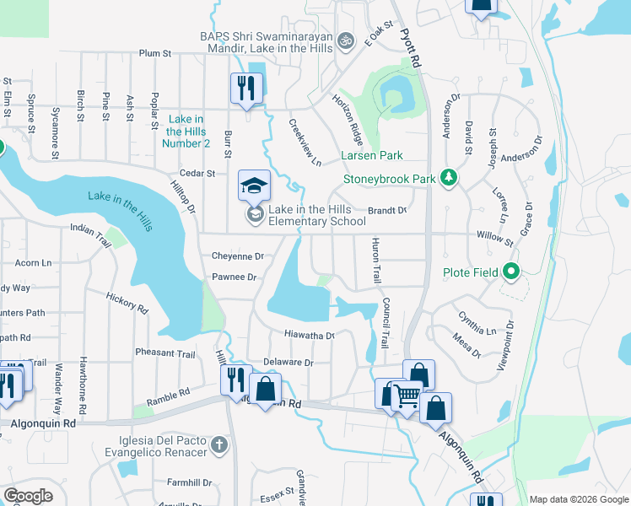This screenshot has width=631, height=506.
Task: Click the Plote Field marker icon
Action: click(510, 272)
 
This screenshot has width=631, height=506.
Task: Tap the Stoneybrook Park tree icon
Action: click(450, 177)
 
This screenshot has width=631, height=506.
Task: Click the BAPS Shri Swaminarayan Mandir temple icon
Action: click(344, 40)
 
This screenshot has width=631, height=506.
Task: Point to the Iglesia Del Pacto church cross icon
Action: click(218, 444)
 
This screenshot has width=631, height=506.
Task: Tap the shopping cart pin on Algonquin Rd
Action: click(407, 395)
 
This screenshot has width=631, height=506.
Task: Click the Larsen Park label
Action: click(371, 155)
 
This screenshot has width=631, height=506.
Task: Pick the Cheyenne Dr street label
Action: click(238, 256)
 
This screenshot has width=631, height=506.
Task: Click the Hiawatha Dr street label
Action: click(309, 335)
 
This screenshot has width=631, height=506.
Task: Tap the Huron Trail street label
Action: click(376, 261)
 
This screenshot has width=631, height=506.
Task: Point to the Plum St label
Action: click(155, 53)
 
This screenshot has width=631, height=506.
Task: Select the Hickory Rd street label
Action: click(127, 303)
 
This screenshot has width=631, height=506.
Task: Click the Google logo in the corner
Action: click(28, 495)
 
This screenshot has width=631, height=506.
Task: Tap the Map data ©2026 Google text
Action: click(579, 499)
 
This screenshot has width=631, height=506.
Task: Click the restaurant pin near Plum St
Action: click(246, 88)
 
